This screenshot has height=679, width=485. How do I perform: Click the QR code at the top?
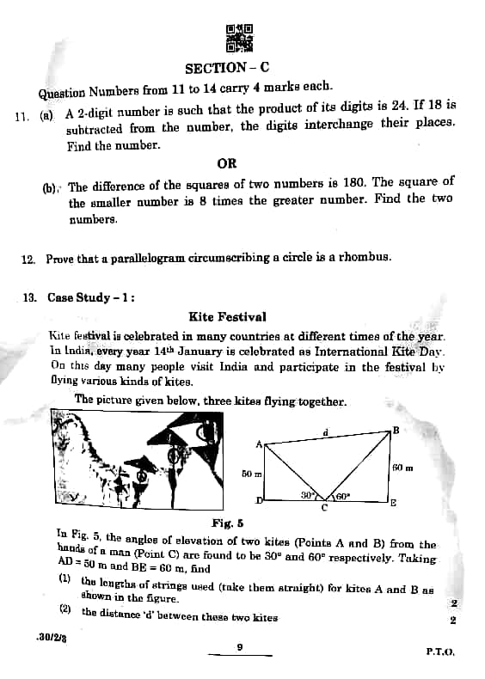(x=240, y=39)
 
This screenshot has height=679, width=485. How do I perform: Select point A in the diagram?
(x=258, y=443)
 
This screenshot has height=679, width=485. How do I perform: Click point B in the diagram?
(x=396, y=430)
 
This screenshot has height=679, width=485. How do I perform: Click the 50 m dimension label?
(x=251, y=474)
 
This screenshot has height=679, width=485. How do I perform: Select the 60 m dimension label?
(x=402, y=468)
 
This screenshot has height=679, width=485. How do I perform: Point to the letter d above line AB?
(x=325, y=431)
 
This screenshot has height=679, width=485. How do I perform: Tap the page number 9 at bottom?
(x=240, y=646)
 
